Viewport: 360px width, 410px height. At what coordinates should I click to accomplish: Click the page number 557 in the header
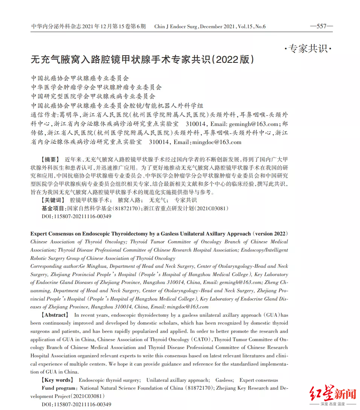pos(321,26)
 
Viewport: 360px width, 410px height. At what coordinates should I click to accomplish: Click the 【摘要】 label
pos(50,159)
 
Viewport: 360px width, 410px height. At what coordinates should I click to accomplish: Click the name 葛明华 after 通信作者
pos(68,115)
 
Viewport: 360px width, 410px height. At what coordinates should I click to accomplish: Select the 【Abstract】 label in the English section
pos(55,315)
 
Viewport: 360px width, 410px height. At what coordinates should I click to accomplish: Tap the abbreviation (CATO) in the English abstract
pos(202,339)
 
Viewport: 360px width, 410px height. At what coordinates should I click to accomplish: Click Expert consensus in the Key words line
pos(259,380)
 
